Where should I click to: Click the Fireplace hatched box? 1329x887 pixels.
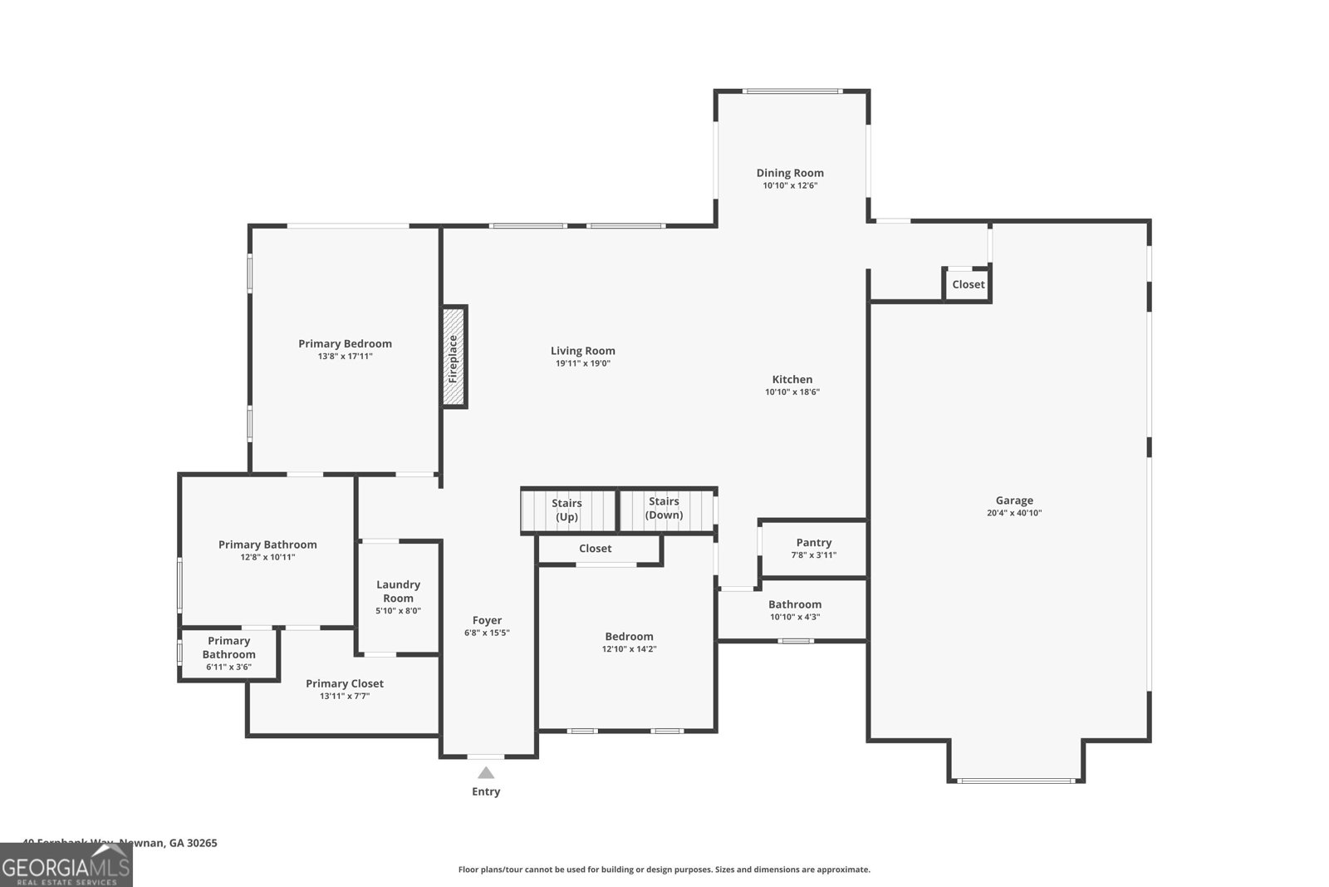454,357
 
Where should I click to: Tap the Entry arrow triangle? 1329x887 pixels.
486,773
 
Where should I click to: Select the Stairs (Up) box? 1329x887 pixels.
568,510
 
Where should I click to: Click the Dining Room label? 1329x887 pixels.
790,173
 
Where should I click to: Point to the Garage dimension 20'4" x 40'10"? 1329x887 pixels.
1014,513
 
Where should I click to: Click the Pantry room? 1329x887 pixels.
813,548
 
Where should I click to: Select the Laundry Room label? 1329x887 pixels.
398,591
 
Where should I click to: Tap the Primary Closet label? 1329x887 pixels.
344,683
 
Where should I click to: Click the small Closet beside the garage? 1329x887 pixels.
968,284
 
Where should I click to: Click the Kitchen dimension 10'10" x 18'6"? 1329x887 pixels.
792,392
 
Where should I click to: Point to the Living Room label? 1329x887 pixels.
582,351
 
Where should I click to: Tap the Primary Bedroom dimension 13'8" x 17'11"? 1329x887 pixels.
345,356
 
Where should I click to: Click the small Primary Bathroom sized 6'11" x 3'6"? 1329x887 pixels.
228,654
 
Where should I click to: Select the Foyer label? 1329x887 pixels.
487,620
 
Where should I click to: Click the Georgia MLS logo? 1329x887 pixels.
66,865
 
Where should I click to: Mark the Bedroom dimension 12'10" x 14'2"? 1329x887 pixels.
629,649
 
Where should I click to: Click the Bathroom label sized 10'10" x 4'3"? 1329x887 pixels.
795,604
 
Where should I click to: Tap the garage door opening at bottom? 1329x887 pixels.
1016,781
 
